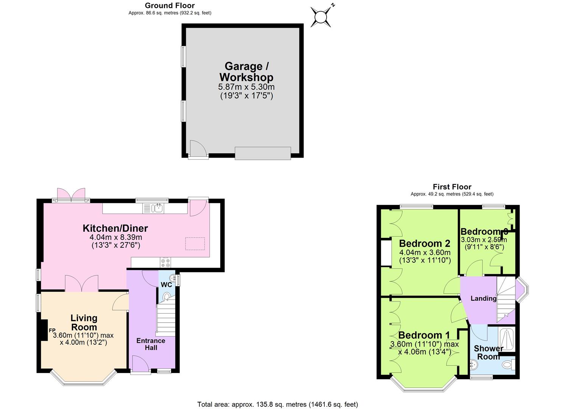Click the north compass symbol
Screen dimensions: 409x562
[x=321, y=17]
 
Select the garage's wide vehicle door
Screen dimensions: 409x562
[x=263, y=153]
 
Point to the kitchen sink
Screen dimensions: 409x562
[x=158, y=208]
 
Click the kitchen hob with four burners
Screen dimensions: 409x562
[x=165, y=262]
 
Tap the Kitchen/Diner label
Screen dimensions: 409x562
[x=115, y=228]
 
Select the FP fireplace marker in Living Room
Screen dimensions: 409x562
[x=52, y=330]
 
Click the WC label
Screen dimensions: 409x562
[x=167, y=285]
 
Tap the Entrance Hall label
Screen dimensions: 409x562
[x=151, y=344]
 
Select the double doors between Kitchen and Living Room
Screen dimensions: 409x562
[x=81, y=283]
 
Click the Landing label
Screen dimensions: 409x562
[x=483, y=298]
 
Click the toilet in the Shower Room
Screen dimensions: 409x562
[x=507, y=365]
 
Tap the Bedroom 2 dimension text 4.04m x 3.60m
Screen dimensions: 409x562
[x=425, y=253]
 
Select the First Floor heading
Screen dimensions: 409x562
[x=452, y=187]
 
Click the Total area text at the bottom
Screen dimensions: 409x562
[x=277, y=404]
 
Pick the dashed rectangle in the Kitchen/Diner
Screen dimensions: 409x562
[x=195, y=244]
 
